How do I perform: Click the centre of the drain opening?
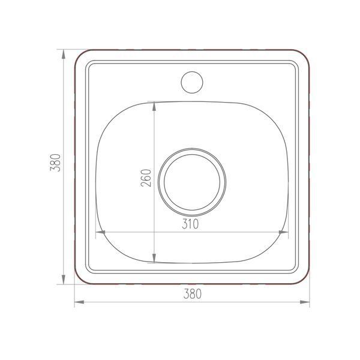pos(192,182)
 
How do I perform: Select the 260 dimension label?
pos(146,178)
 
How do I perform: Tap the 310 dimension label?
pos(190,224)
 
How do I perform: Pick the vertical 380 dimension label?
pos(55,163)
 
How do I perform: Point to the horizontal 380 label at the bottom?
pos(193,294)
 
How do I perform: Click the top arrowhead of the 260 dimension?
pos(154,106)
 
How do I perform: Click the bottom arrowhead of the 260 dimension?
pos(154,258)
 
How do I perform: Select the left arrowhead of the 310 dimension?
pos(100,232)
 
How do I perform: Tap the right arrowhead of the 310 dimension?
pos(283,232)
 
